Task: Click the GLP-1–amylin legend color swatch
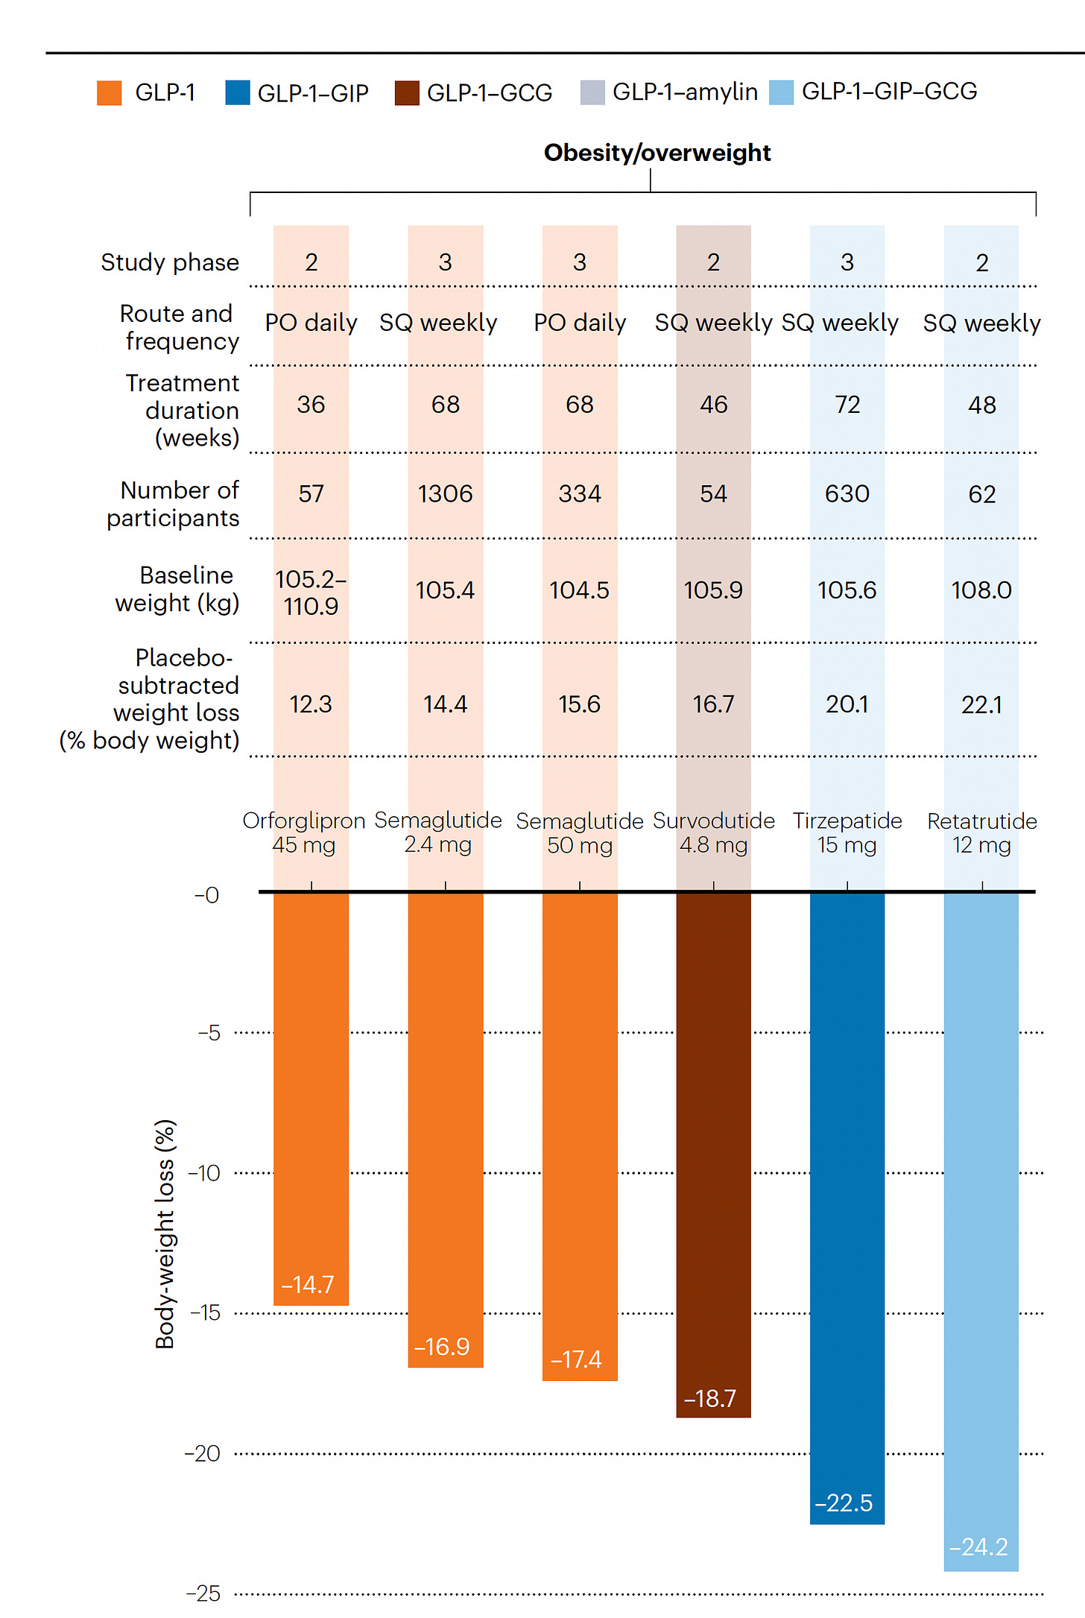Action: pyautogui.click(x=592, y=93)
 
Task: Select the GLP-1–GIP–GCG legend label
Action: pyautogui.click(x=889, y=92)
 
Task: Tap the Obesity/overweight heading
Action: pyautogui.click(x=657, y=153)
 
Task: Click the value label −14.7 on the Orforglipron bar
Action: pyautogui.click(x=308, y=1284)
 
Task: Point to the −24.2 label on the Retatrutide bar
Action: pyautogui.click(x=978, y=1547)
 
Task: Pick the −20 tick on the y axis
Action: pyautogui.click(x=203, y=1453)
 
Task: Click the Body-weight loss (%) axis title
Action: pyautogui.click(x=165, y=1233)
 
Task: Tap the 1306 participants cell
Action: pyautogui.click(x=445, y=494)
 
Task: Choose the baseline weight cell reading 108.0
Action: pyautogui.click(x=981, y=590)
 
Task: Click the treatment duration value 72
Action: pyautogui.click(x=847, y=405)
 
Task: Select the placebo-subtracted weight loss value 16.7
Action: pyautogui.click(x=713, y=704)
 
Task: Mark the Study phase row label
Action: pyautogui.click(x=170, y=262)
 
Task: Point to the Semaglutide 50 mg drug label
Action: pyautogui.click(x=579, y=833)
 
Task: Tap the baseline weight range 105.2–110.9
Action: pyautogui.click(x=311, y=592)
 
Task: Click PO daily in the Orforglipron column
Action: pyautogui.click(x=311, y=323)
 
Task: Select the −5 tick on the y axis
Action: pyautogui.click(x=209, y=1033)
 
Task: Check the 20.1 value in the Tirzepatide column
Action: pyautogui.click(x=847, y=704)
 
